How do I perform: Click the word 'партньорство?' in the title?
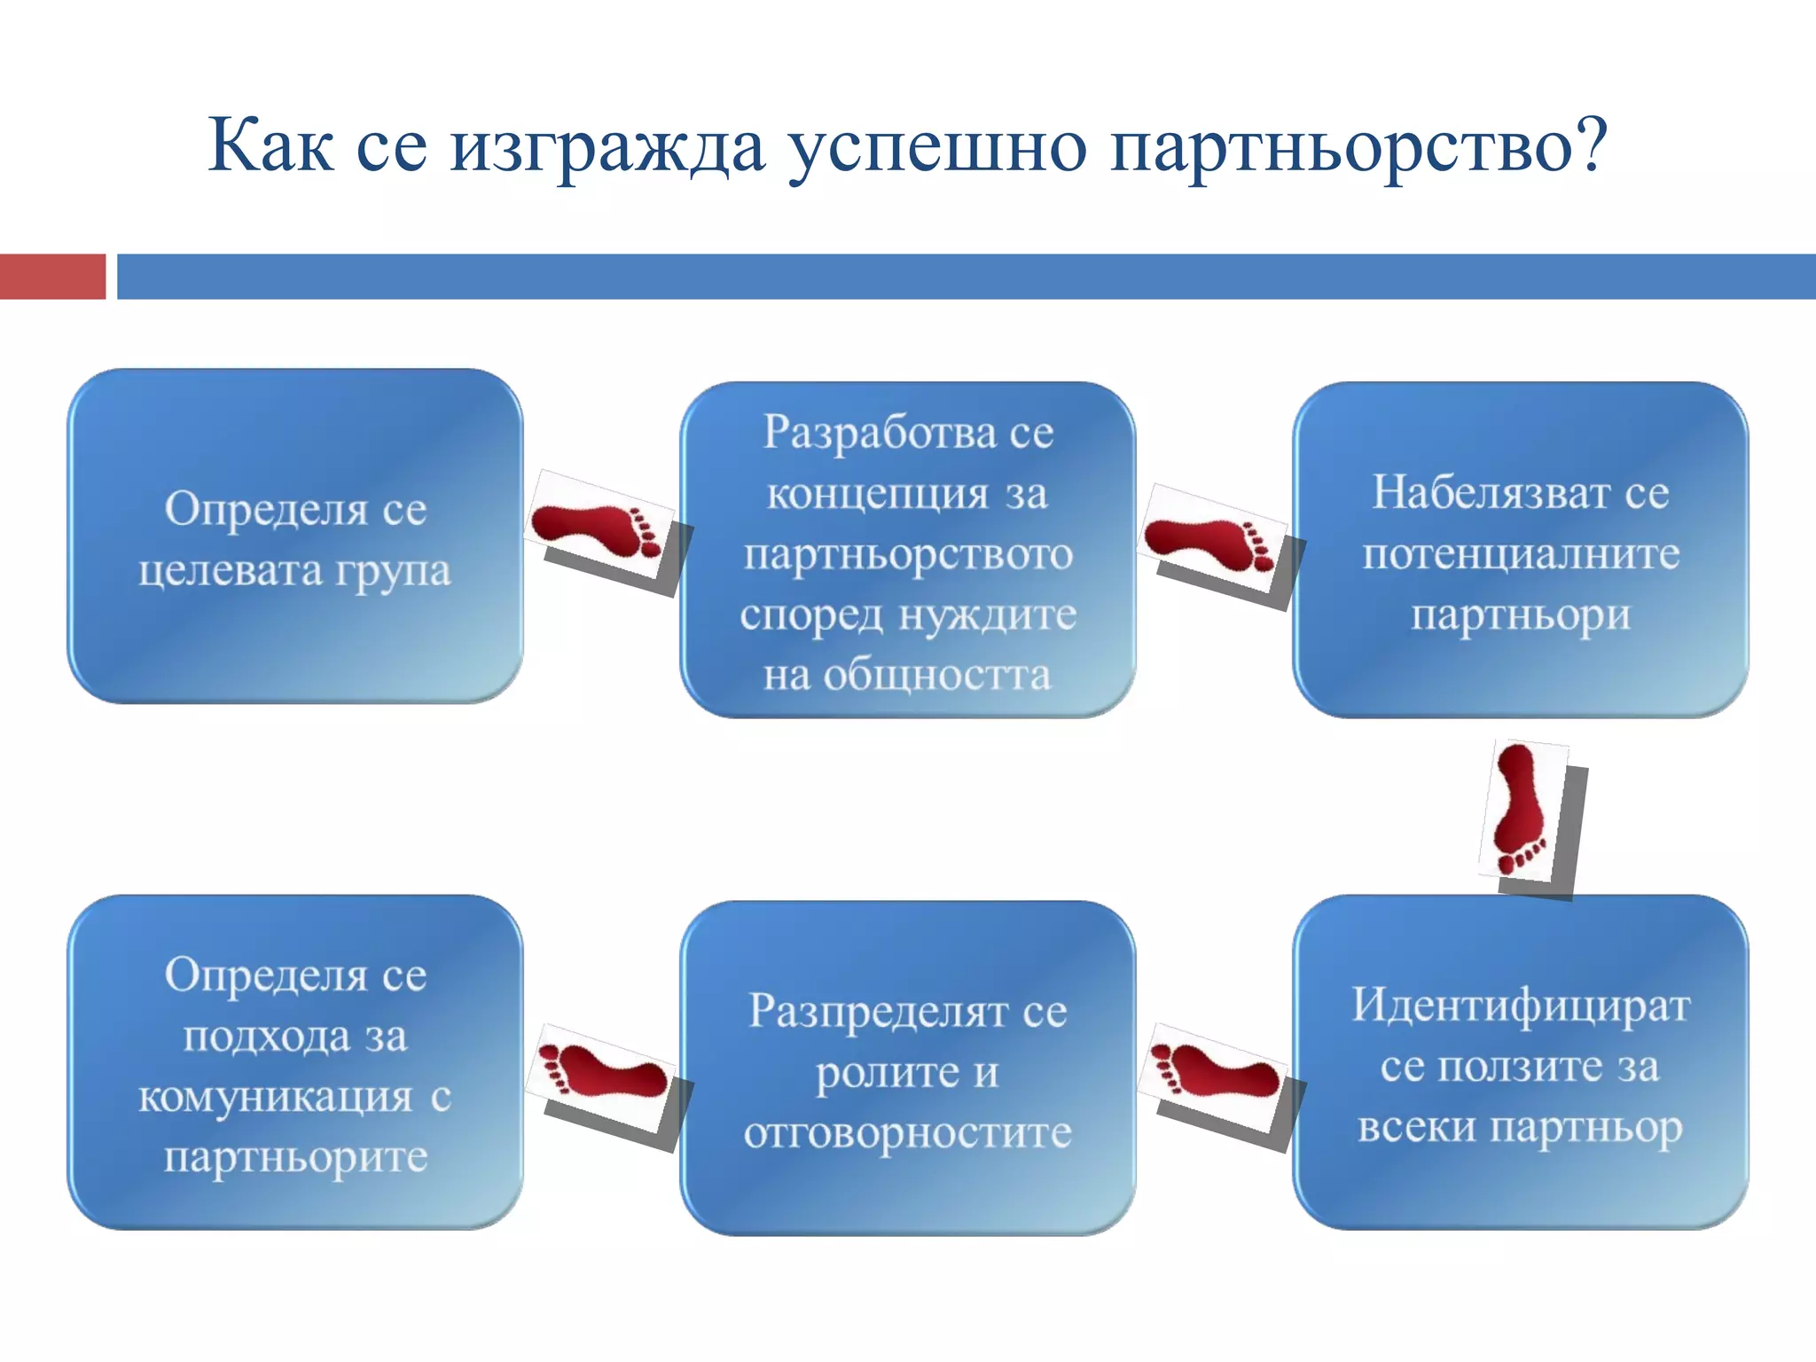tap(1358, 147)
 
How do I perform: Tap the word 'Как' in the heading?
tap(270, 145)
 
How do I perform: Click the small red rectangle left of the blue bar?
tap(52, 277)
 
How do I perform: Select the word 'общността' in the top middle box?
tap(937, 675)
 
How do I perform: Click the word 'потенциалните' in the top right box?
tap(1521, 554)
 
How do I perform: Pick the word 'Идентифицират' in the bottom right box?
tap(1521, 1006)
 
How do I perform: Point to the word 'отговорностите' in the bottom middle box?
tap(908, 1132)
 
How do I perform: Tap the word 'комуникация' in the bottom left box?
tap(275, 1097)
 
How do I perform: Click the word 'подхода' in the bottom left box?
tap(266, 1036)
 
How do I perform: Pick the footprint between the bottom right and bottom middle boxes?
tap(1214, 1074)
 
